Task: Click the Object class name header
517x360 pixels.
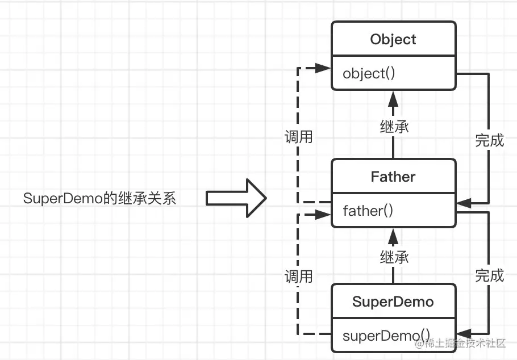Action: (x=393, y=39)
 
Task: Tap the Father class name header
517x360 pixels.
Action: (x=393, y=176)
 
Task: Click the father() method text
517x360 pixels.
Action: (x=368, y=211)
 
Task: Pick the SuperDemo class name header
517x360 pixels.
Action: (x=393, y=302)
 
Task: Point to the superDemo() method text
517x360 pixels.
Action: (x=386, y=335)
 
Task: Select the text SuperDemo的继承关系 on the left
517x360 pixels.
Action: (x=99, y=199)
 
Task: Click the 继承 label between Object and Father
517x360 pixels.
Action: (x=394, y=126)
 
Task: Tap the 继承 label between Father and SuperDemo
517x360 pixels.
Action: (x=394, y=257)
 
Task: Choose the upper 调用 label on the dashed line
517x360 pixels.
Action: (x=298, y=137)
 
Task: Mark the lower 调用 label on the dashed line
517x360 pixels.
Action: (x=298, y=276)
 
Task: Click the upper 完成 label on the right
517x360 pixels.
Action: (x=489, y=140)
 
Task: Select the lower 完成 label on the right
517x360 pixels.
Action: (x=489, y=275)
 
